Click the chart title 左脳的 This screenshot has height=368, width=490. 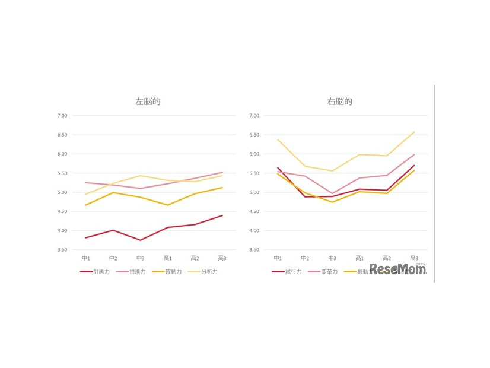(x=148, y=101)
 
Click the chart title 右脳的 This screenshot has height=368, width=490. (x=340, y=101)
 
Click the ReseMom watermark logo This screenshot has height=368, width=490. (x=398, y=269)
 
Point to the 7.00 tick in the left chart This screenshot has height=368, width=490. (x=62, y=116)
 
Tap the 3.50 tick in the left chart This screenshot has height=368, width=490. (x=62, y=250)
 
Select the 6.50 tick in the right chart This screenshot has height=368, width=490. (x=254, y=135)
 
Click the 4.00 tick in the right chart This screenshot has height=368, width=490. (x=254, y=231)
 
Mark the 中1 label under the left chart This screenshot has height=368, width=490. (x=86, y=258)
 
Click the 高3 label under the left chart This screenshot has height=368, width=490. (x=222, y=258)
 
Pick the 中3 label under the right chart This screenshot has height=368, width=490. (x=332, y=258)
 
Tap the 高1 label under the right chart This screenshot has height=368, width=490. (x=359, y=258)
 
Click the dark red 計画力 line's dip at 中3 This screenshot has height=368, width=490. (x=141, y=240)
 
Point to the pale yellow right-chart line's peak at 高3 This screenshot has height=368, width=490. (x=414, y=132)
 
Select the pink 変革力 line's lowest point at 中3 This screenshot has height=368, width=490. (x=332, y=193)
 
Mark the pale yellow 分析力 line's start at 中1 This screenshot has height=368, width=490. (x=86, y=194)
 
